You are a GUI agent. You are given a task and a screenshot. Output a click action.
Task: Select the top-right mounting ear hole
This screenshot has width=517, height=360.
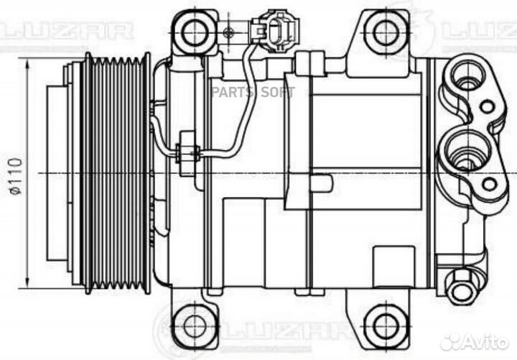click(x=386, y=31)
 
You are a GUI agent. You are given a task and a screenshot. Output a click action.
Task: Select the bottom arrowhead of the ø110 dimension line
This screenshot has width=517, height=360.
click(x=26, y=282)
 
